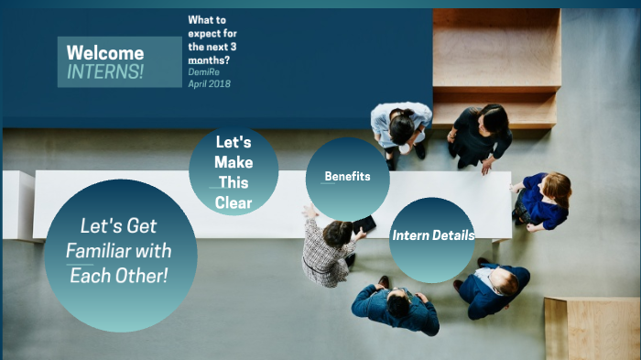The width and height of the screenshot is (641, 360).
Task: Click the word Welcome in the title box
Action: click(105, 53)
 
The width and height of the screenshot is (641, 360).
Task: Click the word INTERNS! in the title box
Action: click(105, 71)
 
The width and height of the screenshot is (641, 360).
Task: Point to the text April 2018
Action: click(210, 84)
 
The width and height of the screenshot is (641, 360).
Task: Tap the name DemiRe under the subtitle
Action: click(205, 71)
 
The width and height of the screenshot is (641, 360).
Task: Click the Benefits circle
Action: click(347, 177)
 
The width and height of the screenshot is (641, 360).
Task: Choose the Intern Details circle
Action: click(432, 236)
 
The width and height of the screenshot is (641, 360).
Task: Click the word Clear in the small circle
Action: click(233, 203)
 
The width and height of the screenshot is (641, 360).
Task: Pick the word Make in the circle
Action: click(234, 163)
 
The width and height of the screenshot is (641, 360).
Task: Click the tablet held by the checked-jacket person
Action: click(364, 224)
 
